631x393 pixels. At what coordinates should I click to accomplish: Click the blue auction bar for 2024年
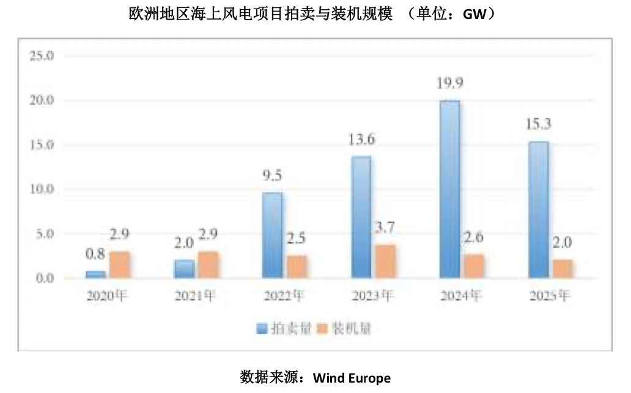pos(449,190)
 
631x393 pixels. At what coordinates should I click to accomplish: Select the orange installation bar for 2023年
pos(386,261)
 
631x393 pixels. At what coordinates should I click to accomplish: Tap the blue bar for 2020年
pos(95,274)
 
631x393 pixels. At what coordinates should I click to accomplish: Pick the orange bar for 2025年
pos(563,269)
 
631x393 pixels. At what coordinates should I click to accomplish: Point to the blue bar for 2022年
pos(273,236)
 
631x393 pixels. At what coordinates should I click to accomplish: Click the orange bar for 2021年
pos(208,265)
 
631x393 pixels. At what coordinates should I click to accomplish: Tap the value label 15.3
pos(538,124)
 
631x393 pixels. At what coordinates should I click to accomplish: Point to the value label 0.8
pos(95,253)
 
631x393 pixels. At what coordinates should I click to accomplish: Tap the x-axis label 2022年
pos(283,296)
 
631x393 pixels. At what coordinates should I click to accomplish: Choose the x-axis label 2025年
pos(550,296)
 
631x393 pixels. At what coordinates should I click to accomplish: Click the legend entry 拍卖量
pos(290,329)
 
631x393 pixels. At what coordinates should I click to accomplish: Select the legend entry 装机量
pos(351,329)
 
